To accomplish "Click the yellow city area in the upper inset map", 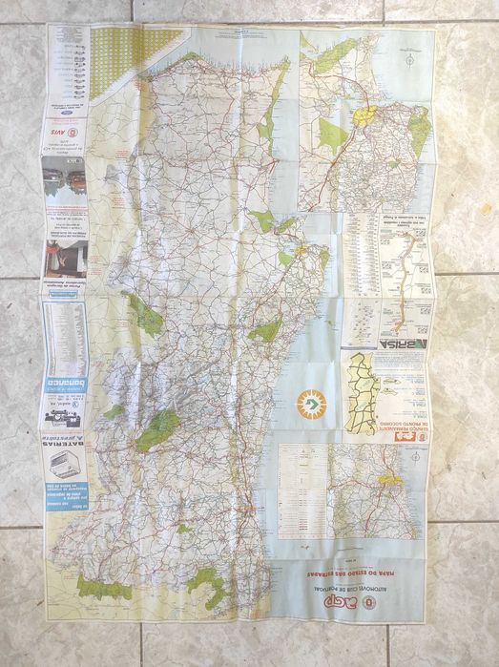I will pyautogui.click(x=364, y=116).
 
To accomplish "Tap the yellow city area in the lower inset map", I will pyautogui.click(x=389, y=481).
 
